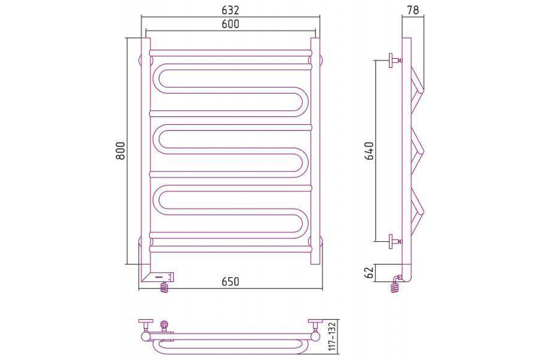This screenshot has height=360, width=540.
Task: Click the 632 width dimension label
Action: (230, 10)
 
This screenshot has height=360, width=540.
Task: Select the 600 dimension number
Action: (230, 24)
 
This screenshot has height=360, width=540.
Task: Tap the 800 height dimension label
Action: (120, 151)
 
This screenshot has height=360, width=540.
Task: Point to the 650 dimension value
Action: (230, 282)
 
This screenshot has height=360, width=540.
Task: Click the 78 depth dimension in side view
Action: (413, 10)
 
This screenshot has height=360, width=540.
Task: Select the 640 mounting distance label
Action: (369, 151)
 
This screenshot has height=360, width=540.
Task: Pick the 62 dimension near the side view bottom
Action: (369, 272)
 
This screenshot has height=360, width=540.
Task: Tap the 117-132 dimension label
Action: (332, 337)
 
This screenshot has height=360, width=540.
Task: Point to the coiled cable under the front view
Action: (165, 287)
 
